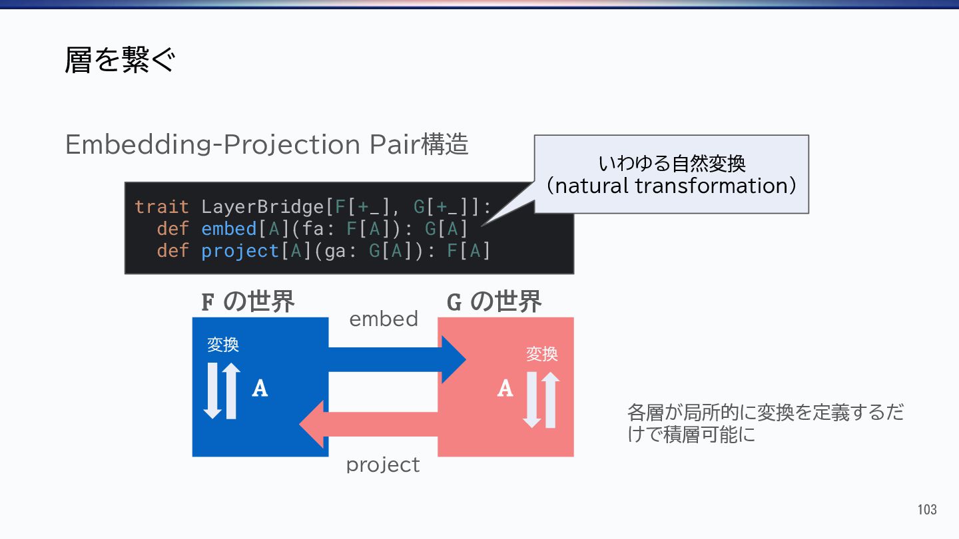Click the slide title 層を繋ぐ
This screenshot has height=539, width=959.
click(120, 61)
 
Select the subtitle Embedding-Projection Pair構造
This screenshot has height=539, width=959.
click(266, 144)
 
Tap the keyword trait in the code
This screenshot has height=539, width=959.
click(162, 207)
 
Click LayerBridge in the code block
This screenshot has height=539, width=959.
click(262, 207)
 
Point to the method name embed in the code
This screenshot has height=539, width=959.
click(228, 229)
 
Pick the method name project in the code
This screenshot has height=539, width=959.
click(240, 251)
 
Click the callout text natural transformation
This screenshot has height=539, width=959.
click(671, 185)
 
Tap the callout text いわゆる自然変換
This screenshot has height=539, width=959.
click(671, 163)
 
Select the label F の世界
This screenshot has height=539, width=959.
click(248, 302)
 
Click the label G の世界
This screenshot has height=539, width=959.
click(493, 302)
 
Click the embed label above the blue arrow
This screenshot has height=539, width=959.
click(384, 319)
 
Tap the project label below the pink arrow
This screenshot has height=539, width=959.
click(383, 464)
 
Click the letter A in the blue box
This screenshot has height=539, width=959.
click(260, 388)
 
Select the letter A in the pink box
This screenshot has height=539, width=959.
click(505, 388)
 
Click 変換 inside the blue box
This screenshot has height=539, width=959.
click(223, 345)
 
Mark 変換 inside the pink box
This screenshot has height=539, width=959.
click(541, 354)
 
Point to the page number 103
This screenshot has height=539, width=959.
click(926, 510)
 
